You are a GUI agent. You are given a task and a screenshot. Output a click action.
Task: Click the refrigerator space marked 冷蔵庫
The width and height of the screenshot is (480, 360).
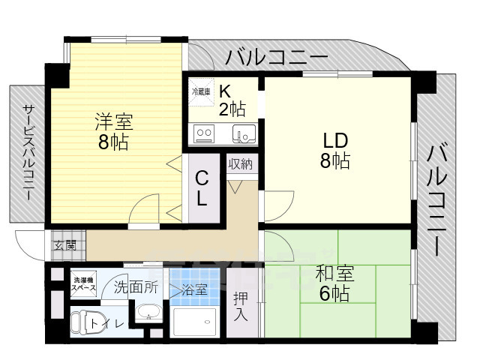(201, 92)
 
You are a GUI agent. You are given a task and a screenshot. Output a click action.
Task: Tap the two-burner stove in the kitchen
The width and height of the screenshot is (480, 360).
(204, 133)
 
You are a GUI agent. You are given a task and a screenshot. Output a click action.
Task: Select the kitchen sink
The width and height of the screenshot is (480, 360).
(244, 133)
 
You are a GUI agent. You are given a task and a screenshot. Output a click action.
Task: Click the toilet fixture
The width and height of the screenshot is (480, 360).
(82, 322)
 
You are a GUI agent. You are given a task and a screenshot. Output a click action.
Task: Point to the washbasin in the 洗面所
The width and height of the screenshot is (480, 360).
(148, 312)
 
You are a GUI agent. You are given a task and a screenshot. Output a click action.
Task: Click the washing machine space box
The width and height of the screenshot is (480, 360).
(83, 283)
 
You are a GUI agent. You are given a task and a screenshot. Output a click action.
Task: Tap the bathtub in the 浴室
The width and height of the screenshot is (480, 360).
(195, 322)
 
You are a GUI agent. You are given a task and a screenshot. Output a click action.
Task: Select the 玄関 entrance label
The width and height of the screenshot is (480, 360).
(65, 245)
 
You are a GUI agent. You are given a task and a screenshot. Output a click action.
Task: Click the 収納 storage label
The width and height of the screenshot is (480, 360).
(241, 164)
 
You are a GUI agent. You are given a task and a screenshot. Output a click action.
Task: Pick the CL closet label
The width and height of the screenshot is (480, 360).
(202, 188)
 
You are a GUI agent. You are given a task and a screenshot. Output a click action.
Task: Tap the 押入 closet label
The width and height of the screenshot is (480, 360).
(241, 307)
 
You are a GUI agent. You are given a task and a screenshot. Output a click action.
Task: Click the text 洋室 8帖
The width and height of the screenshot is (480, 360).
(113, 132)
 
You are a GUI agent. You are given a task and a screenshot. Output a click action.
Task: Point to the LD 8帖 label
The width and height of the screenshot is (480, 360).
(335, 150)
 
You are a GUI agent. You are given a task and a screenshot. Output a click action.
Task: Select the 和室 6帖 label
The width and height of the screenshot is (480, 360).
(334, 283)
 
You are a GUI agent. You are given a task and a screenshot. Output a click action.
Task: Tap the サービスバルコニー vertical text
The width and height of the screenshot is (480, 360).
(28, 153)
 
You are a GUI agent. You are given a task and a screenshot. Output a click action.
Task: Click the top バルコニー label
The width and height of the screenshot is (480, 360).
(277, 57)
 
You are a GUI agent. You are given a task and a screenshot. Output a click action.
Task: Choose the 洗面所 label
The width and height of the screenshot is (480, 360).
(136, 287)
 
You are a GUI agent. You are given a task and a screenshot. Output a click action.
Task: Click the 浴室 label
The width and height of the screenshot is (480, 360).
(194, 289)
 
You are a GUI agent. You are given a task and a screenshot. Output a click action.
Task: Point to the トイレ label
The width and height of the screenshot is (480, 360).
(107, 323)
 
